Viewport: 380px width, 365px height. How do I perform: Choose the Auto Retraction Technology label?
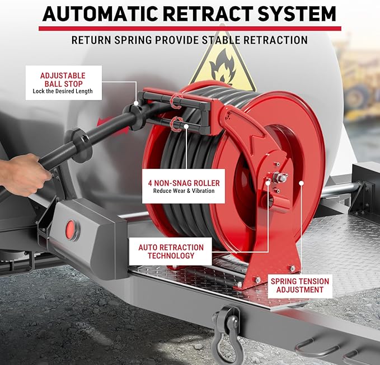click(171, 252)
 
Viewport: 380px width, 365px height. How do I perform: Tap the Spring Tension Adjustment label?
click(299, 285)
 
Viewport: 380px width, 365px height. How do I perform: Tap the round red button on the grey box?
click(72, 228)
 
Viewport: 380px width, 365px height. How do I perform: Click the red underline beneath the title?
click(190, 28)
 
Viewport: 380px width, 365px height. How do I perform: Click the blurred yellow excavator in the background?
click(358, 84)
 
